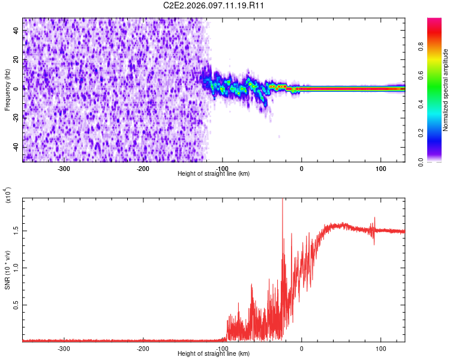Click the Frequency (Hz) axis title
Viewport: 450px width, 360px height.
coord(7,90)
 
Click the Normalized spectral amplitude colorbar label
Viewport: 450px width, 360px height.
coord(446,90)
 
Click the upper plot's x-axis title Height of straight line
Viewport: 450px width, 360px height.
coord(214,174)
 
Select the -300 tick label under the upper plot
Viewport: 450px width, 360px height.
coord(64,168)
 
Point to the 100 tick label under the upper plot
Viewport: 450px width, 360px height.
coord(380,168)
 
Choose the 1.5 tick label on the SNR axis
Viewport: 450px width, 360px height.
coord(16,230)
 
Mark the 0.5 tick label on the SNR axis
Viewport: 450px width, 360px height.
coord(16,305)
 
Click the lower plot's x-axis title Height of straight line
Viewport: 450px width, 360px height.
coord(214,354)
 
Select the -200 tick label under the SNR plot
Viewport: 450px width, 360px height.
coord(143,348)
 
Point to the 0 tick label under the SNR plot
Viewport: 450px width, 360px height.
coord(301,348)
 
